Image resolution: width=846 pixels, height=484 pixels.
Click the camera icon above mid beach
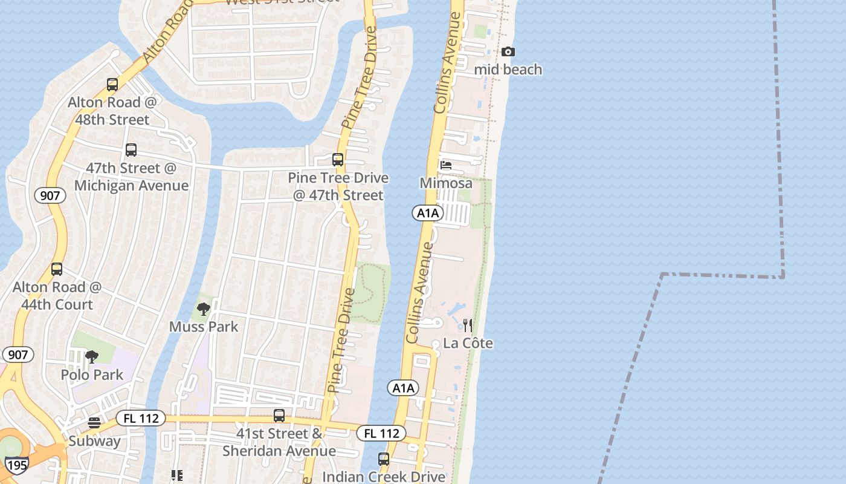pos(508,52)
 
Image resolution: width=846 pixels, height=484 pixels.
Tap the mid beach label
pos(508,70)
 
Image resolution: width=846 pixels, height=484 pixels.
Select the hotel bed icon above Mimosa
pos(446,165)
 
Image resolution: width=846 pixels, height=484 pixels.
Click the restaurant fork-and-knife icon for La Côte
pos(467,325)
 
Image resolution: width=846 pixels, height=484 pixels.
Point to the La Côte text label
pos(468,344)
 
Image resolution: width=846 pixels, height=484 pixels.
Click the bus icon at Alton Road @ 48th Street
pos(112,85)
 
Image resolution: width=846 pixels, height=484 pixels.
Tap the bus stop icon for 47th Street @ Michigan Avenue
pos(131,150)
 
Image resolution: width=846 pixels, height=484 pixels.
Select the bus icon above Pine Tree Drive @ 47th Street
pos(338,160)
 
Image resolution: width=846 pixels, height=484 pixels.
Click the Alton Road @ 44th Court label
pos(57,296)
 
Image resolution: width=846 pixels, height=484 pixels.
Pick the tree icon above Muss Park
pos(204,309)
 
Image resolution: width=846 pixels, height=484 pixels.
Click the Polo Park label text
pos(92,375)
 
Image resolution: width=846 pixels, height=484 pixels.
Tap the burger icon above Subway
pos(94,422)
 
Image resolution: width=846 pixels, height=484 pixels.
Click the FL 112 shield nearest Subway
pos(140,418)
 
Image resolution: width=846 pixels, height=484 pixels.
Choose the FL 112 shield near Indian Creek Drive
pos(381,433)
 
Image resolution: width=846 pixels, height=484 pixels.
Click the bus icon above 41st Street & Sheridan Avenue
pos(279,416)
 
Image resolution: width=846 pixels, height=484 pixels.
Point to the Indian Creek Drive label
pos(384,477)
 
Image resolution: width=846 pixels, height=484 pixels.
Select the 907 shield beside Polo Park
pos(18,355)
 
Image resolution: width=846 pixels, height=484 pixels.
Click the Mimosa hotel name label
pos(446,183)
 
